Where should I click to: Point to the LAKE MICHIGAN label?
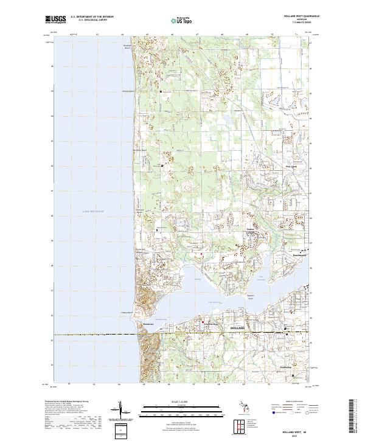point(93,211)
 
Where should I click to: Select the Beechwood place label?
point(301,255)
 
